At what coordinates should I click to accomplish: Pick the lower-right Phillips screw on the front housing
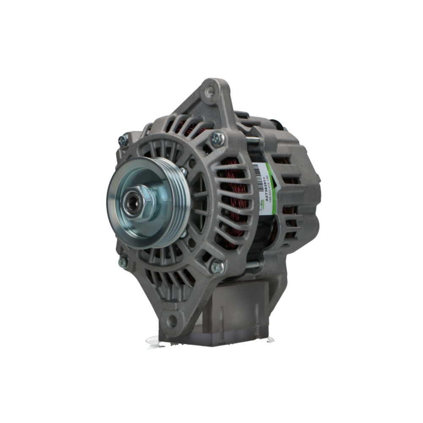pyautogui.click(x=217, y=266)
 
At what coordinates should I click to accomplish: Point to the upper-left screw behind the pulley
pyautogui.click(x=124, y=140)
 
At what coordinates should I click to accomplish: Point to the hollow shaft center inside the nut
pyautogui.click(x=134, y=199)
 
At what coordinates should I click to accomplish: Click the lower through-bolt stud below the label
pyautogui.click(x=253, y=264)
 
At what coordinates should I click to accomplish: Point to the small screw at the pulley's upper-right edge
pyautogui.click(x=184, y=171)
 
